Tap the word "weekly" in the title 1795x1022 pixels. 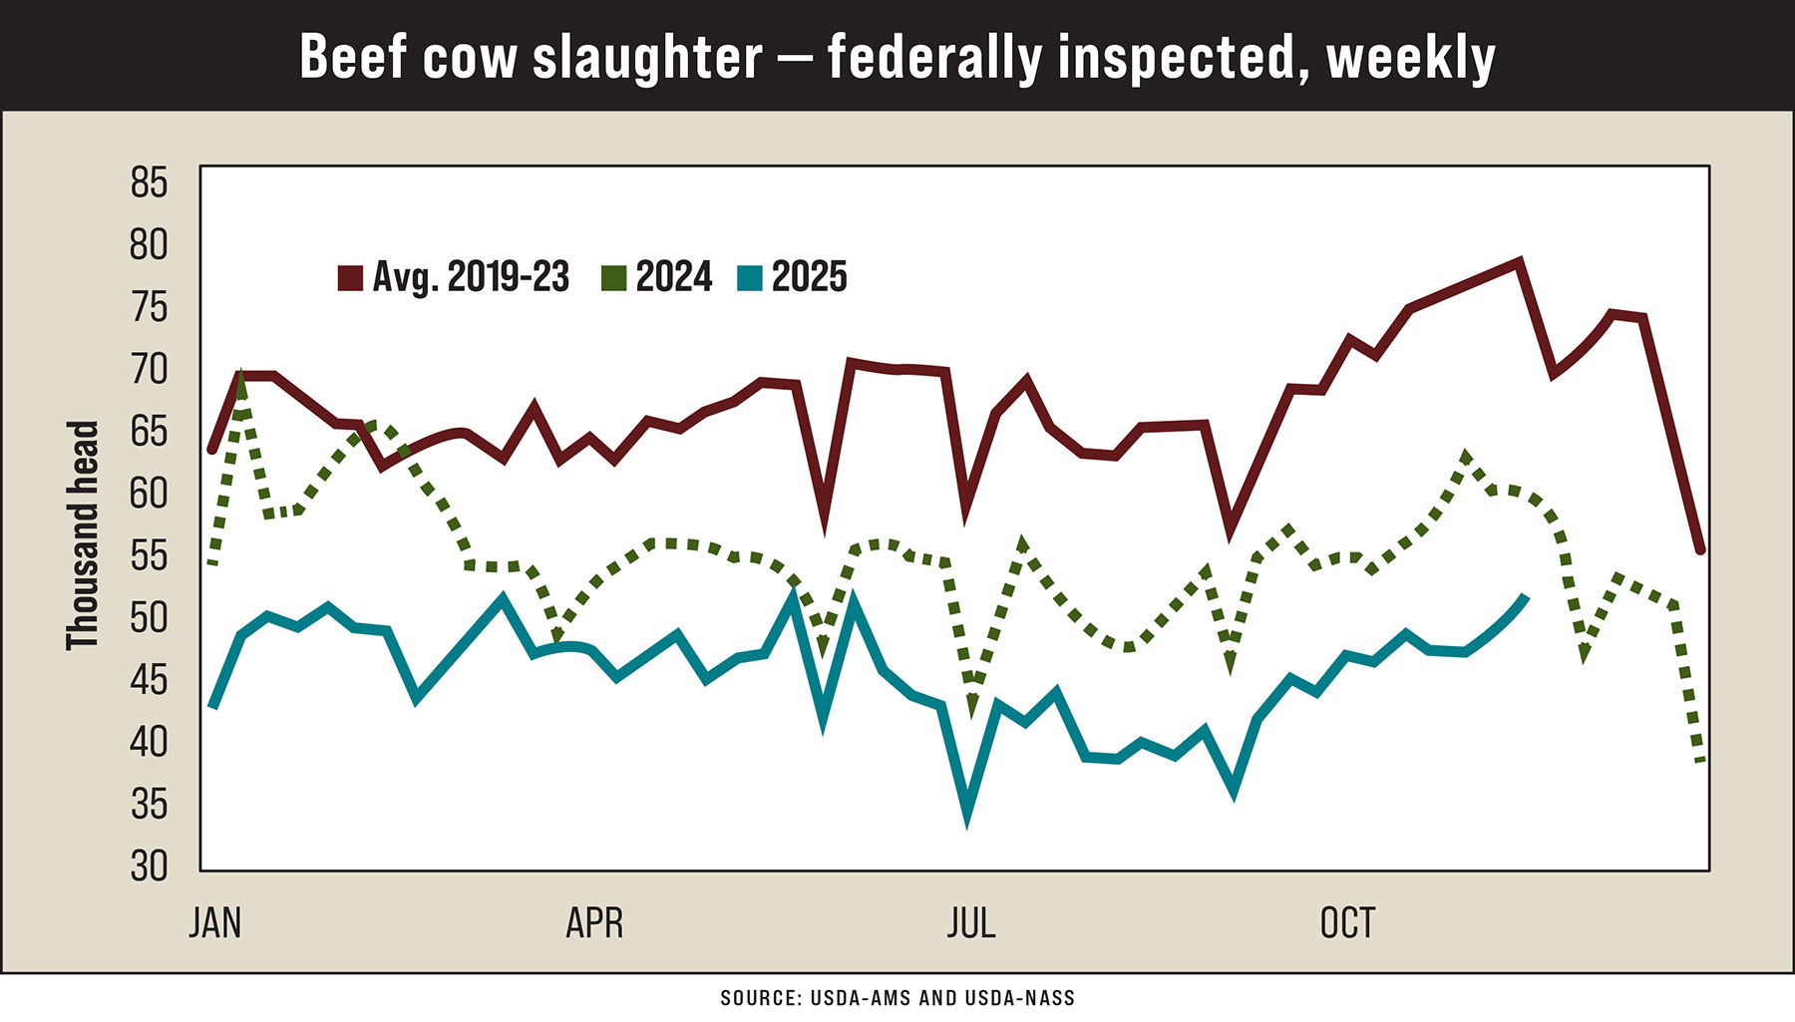[x=1410, y=57]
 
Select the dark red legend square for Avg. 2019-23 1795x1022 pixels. [x=350, y=278]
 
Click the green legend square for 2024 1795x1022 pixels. [x=614, y=278]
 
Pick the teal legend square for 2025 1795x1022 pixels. [x=750, y=278]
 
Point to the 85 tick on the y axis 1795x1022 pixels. [x=149, y=183]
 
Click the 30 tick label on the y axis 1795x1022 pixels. [x=149, y=866]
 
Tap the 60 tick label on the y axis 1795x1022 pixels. [x=149, y=494]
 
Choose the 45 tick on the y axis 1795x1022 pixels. [x=149, y=681]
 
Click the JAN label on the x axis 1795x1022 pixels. [x=215, y=923]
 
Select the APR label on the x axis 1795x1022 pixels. [x=594, y=923]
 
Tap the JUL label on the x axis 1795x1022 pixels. [x=971, y=923]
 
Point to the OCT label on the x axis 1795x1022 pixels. [x=1347, y=923]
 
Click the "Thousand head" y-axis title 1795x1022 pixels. [x=83, y=535]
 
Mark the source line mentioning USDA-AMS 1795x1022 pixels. [x=897, y=998]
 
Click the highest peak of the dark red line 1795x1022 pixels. [x=1518, y=263]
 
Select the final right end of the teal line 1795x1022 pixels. [x=1525, y=597]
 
